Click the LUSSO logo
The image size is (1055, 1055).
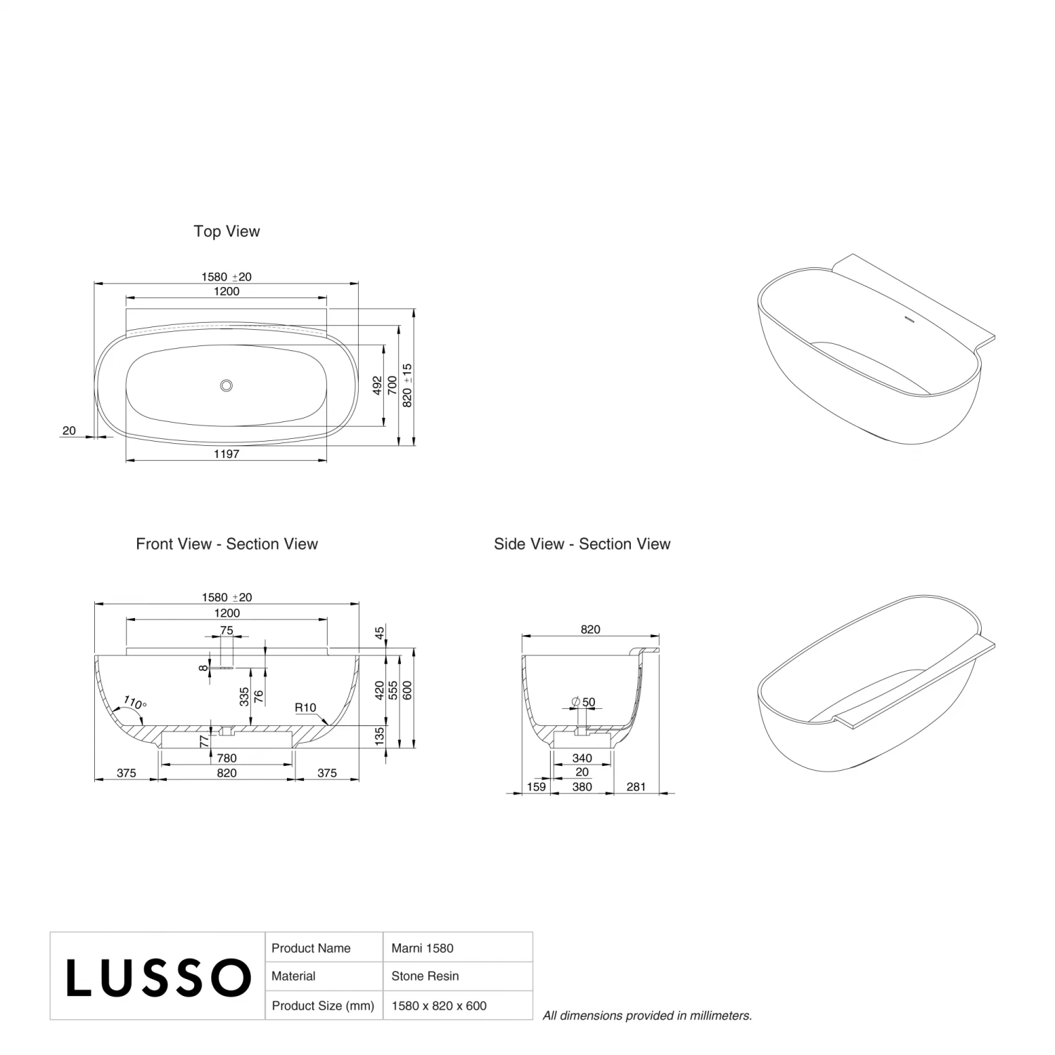[158, 976]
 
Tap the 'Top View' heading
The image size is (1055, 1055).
[226, 231]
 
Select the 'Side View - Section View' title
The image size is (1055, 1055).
[582, 544]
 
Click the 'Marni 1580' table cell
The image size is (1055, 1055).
[422, 948]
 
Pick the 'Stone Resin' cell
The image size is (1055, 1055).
[425, 976]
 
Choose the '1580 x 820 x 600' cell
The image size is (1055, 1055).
[439, 1006]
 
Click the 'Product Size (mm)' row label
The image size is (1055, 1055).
[323, 1006]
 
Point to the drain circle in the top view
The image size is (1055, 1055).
[226, 385]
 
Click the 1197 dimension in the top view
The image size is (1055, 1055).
[226, 454]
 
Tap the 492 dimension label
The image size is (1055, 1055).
[378, 385]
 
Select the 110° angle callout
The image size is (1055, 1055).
[134, 702]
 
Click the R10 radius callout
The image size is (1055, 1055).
[305, 708]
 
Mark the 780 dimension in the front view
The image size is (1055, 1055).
[226, 758]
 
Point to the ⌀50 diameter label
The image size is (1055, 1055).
[584, 702]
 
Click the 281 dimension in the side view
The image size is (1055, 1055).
[636, 787]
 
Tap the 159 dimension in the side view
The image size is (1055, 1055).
[536, 787]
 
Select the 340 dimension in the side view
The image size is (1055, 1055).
[582, 758]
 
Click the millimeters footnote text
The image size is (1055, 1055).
[647, 1016]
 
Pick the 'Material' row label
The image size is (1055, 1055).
[293, 976]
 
